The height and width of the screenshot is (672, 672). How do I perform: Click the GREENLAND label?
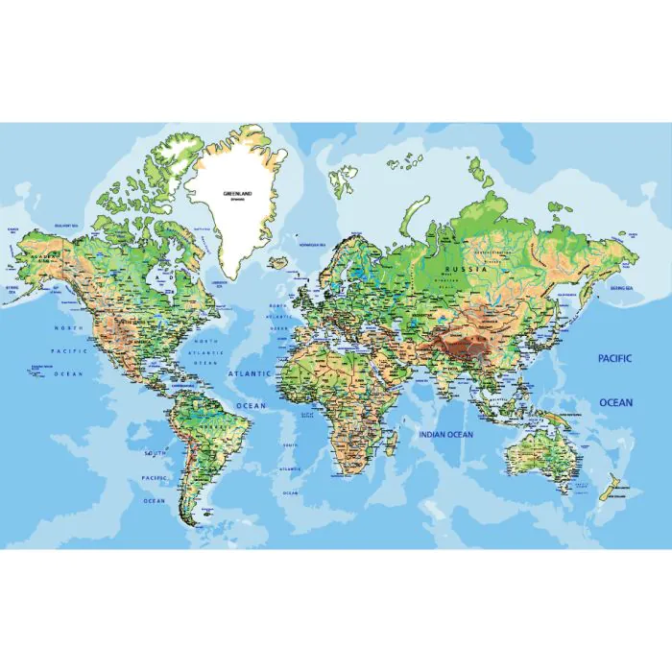point(236,193)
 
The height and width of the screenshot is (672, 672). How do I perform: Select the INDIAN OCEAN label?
point(445,435)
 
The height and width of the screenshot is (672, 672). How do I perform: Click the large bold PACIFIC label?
point(615,358)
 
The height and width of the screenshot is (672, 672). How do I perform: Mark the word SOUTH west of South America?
point(154,452)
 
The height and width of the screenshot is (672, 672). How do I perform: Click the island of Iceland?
point(279,261)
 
